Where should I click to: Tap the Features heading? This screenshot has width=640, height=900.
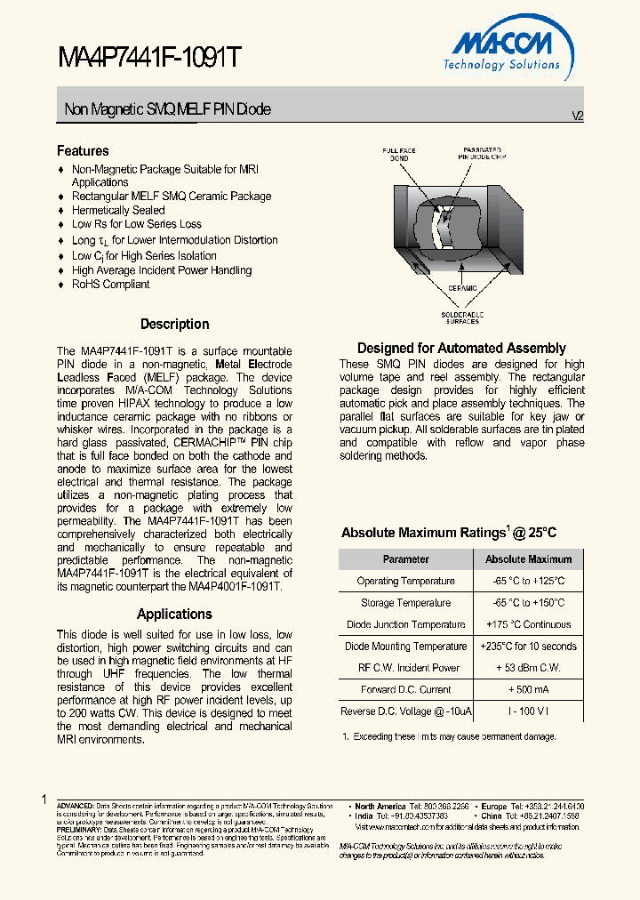[83, 151]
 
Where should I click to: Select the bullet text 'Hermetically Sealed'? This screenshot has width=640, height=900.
[118, 210]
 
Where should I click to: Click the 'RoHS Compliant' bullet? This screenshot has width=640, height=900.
[110, 285]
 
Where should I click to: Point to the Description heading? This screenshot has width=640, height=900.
[174, 325]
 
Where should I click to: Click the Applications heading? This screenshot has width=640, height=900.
[174, 614]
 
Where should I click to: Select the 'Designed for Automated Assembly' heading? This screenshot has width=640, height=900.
[461, 348]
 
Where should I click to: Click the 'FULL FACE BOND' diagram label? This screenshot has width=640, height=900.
[399, 155]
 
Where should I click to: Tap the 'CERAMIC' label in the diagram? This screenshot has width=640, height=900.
[461, 288]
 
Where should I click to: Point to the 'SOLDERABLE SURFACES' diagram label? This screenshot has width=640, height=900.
[461, 317]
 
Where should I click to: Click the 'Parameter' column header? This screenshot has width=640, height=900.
[405, 559]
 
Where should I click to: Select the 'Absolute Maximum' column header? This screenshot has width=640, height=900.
[528, 559]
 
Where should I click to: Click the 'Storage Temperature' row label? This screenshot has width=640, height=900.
[405, 603]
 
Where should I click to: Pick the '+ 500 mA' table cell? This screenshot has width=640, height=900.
[528, 689]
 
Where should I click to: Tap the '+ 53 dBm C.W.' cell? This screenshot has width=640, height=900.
[528, 668]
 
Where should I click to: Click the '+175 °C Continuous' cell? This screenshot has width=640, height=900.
[528, 624]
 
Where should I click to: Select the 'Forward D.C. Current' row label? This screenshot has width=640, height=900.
[405, 689]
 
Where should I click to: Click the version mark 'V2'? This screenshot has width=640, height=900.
[577, 117]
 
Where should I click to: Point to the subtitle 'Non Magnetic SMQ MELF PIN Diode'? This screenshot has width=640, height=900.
[167, 109]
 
